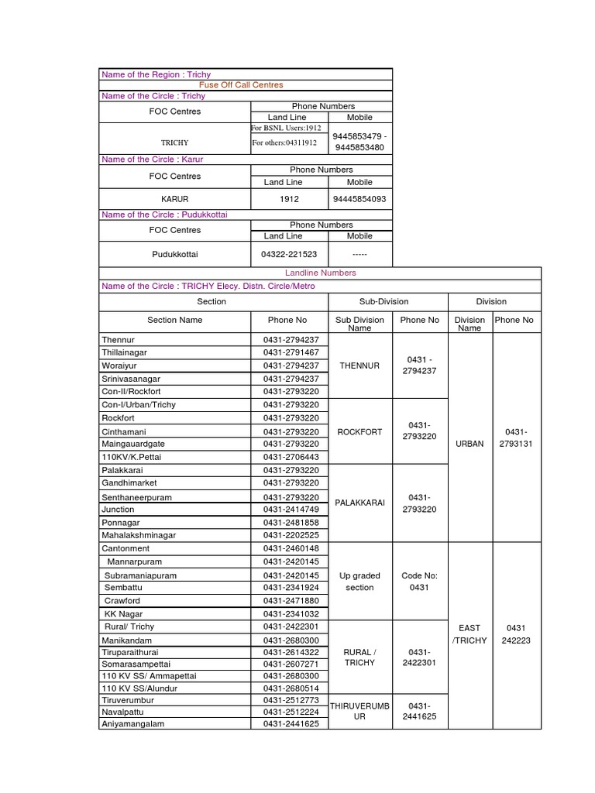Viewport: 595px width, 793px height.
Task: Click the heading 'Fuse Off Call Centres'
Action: tap(241, 85)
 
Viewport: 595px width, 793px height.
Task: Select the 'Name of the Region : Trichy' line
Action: tap(156, 74)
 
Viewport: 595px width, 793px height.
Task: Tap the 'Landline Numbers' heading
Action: tap(320, 273)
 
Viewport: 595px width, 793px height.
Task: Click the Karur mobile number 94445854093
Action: tap(359, 199)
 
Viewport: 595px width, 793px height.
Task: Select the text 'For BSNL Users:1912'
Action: tap(286, 129)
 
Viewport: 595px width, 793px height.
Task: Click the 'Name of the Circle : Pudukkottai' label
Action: tap(164, 215)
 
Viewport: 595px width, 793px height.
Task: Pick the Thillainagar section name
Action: tap(124, 352)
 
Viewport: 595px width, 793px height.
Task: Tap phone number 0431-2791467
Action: tap(290, 352)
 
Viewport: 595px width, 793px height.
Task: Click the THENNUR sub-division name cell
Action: tap(359, 366)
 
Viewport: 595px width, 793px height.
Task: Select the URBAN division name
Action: tap(469, 444)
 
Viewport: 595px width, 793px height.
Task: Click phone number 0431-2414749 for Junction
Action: tap(290, 510)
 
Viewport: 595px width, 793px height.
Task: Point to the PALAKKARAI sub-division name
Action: tap(359, 503)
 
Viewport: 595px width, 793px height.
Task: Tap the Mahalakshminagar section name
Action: tap(139, 535)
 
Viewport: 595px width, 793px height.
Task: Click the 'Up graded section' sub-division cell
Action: tap(359, 582)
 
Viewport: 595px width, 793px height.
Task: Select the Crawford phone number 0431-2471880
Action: tap(290, 601)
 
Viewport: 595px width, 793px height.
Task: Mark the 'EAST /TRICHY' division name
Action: tap(469, 634)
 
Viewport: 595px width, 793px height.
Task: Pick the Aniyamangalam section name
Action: tap(132, 724)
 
